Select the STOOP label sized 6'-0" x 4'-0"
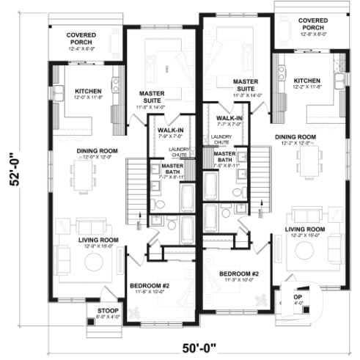[x=108, y=314]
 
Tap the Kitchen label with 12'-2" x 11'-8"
[x=307, y=83]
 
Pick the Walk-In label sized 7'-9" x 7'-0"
[x=170, y=133]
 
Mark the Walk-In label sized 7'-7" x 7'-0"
[x=229, y=121]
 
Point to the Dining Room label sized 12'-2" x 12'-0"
[x=295, y=141]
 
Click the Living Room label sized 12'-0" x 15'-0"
[x=98, y=243]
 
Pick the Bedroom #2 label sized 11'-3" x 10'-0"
[x=240, y=277]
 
